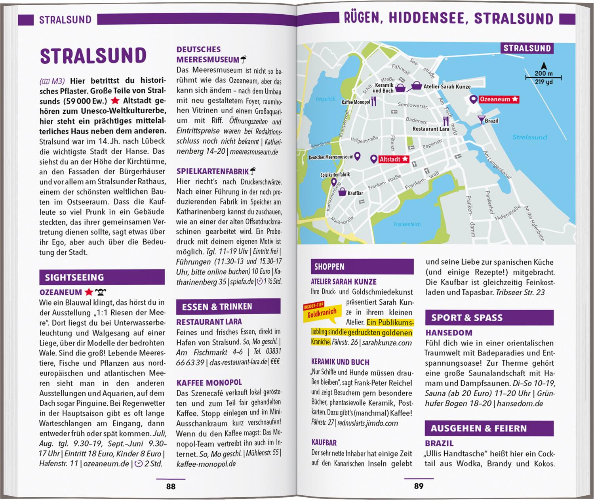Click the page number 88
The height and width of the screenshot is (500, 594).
tap(171, 486)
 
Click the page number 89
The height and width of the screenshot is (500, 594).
tap(419, 486)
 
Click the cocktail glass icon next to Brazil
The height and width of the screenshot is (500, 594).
tap(481, 120)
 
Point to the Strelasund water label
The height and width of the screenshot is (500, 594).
tap(529, 137)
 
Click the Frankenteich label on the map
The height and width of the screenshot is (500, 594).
tap(407, 224)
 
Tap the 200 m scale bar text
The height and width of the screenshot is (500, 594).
tap(543, 73)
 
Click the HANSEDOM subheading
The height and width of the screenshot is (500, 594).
tap(449, 333)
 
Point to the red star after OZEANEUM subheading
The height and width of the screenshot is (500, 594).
tap(89, 292)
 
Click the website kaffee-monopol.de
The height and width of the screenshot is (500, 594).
tap(206, 464)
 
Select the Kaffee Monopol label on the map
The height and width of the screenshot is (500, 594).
tap(356, 102)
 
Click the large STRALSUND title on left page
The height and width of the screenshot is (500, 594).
tap(93, 56)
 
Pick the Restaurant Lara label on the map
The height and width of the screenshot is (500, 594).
tap(431, 129)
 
